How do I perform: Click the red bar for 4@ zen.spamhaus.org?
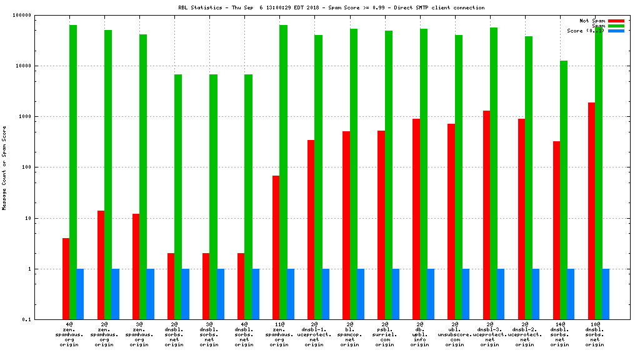tap(66, 279)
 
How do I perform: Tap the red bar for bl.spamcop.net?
tap(346, 225)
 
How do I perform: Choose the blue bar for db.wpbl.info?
tap(431, 294)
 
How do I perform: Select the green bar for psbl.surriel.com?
tap(388, 175)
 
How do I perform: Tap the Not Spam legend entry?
tap(592, 21)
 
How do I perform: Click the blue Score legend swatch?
tap(616, 31)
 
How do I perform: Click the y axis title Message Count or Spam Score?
tap(4, 167)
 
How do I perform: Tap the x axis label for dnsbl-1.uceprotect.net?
tap(314, 334)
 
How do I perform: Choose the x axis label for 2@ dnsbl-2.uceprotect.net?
tap(524, 334)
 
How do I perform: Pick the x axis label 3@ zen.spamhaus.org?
tap(139, 334)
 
